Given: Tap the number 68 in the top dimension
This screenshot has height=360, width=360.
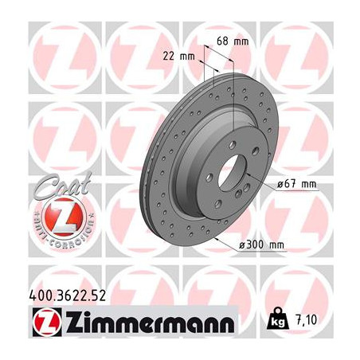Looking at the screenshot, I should pos(222,39).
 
